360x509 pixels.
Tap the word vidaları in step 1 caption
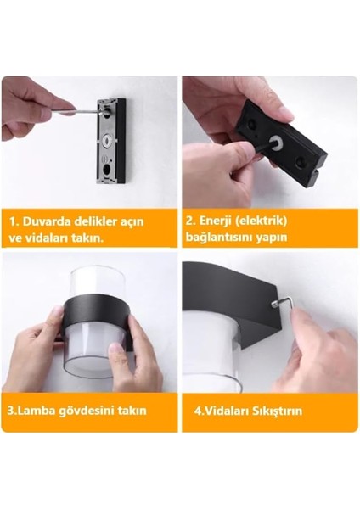click(51, 238)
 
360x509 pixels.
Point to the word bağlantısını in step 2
click(222, 238)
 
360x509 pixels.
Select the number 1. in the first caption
click(15, 221)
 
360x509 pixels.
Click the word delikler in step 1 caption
click(97, 221)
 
